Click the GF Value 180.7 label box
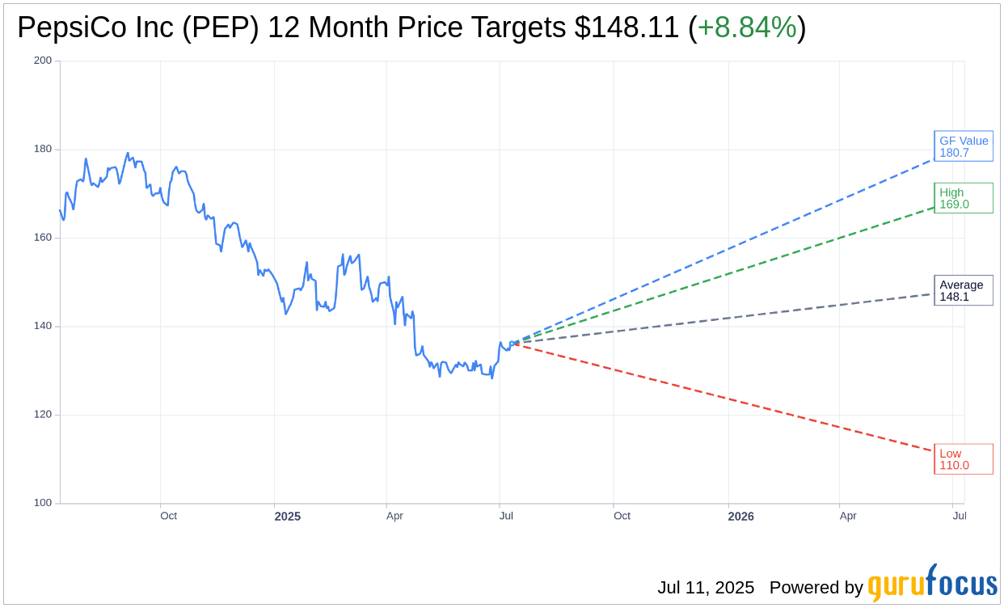[963, 146]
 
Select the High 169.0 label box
[963, 198]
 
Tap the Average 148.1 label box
[963, 290]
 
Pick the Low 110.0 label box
[963, 459]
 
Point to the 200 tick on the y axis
[43, 61]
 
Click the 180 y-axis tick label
[43, 149]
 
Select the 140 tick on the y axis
[43, 326]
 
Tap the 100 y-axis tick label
[43, 503]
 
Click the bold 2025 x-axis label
[287, 516]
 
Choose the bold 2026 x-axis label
[740, 516]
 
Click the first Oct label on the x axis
[168, 516]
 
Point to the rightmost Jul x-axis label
[959, 516]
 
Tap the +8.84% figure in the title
[746, 27]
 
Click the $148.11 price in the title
[626, 27]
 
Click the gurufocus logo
[932, 584]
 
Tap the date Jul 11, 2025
[705, 588]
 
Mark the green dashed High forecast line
[728, 275]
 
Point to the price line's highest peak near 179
[128, 153]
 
